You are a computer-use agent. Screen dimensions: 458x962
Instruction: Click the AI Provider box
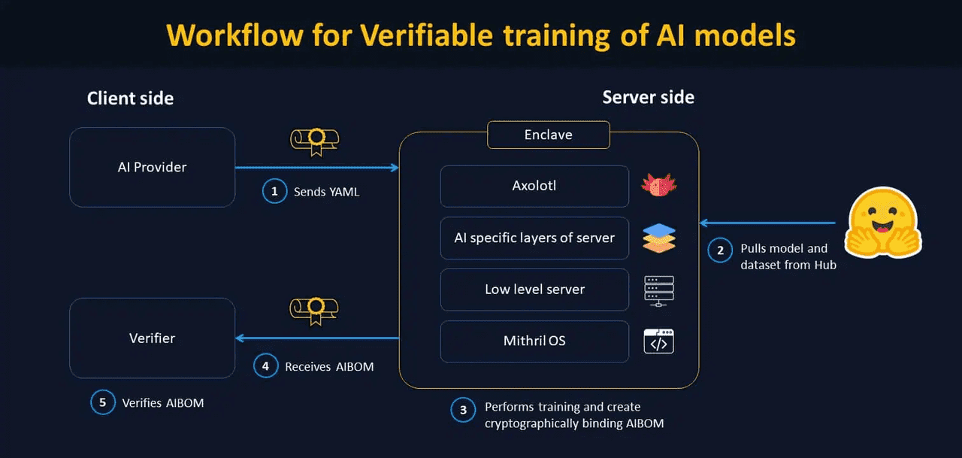(x=152, y=167)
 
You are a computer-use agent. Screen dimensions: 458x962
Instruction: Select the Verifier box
(x=152, y=338)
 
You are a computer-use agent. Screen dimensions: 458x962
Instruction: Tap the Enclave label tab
(x=548, y=135)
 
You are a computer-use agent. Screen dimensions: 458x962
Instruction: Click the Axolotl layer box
(x=534, y=186)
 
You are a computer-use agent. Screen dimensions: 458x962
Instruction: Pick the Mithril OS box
(x=534, y=341)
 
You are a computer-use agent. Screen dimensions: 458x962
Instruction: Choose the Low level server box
(x=534, y=290)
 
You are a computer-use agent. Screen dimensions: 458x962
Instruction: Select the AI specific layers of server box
(x=534, y=238)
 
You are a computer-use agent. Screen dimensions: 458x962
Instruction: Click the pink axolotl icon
(x=659, y=185)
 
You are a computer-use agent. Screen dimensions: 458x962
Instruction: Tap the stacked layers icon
(x=659, y=238)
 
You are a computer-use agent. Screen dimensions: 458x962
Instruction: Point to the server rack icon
(x=659, y=290)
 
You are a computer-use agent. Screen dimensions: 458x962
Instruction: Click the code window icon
(x=659, y=341)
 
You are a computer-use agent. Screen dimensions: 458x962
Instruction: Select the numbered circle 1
(x=274, y=191)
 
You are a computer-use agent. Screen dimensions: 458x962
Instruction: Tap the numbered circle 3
(x=463, y=410)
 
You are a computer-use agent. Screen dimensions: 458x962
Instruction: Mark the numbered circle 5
(x=103, y=402)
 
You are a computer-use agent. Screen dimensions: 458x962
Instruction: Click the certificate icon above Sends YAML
(x=314, y=141)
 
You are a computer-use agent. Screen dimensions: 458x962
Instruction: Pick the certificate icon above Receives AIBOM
(x=314, y=310)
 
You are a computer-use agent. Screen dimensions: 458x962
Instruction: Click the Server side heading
(x=648, y=97)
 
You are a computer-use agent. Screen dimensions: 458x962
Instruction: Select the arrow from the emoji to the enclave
(x=767, y=223)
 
